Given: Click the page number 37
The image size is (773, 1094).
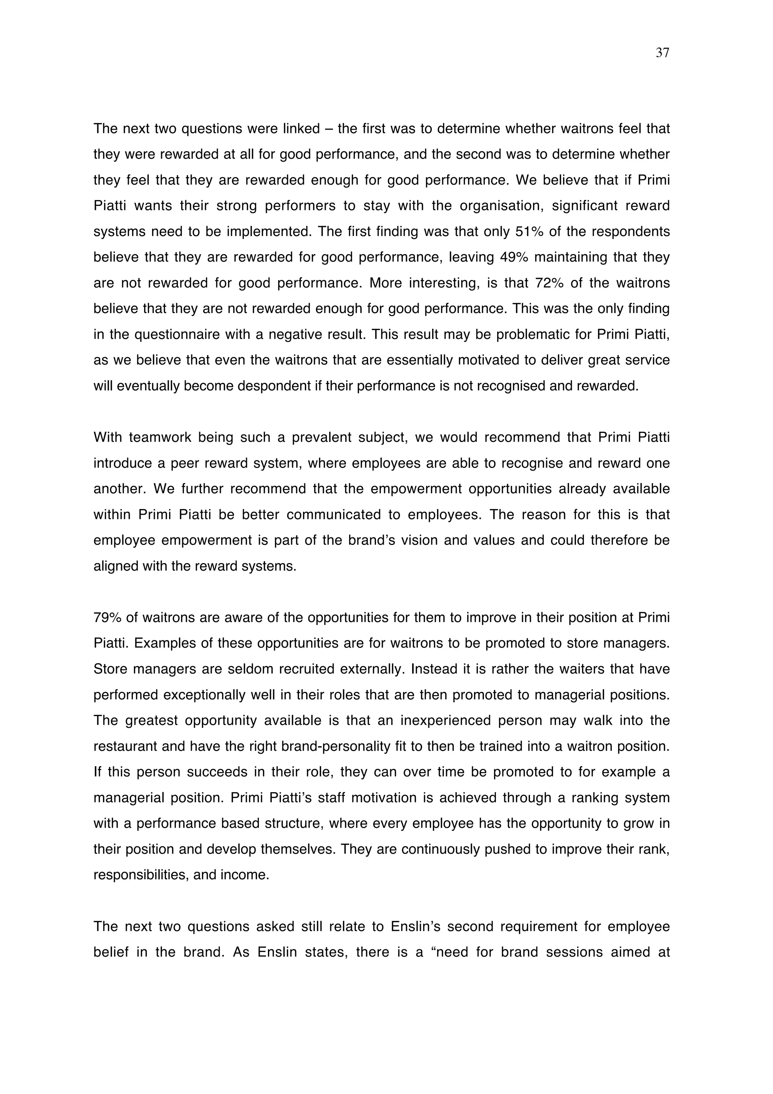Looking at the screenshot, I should tap(662, 53).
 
